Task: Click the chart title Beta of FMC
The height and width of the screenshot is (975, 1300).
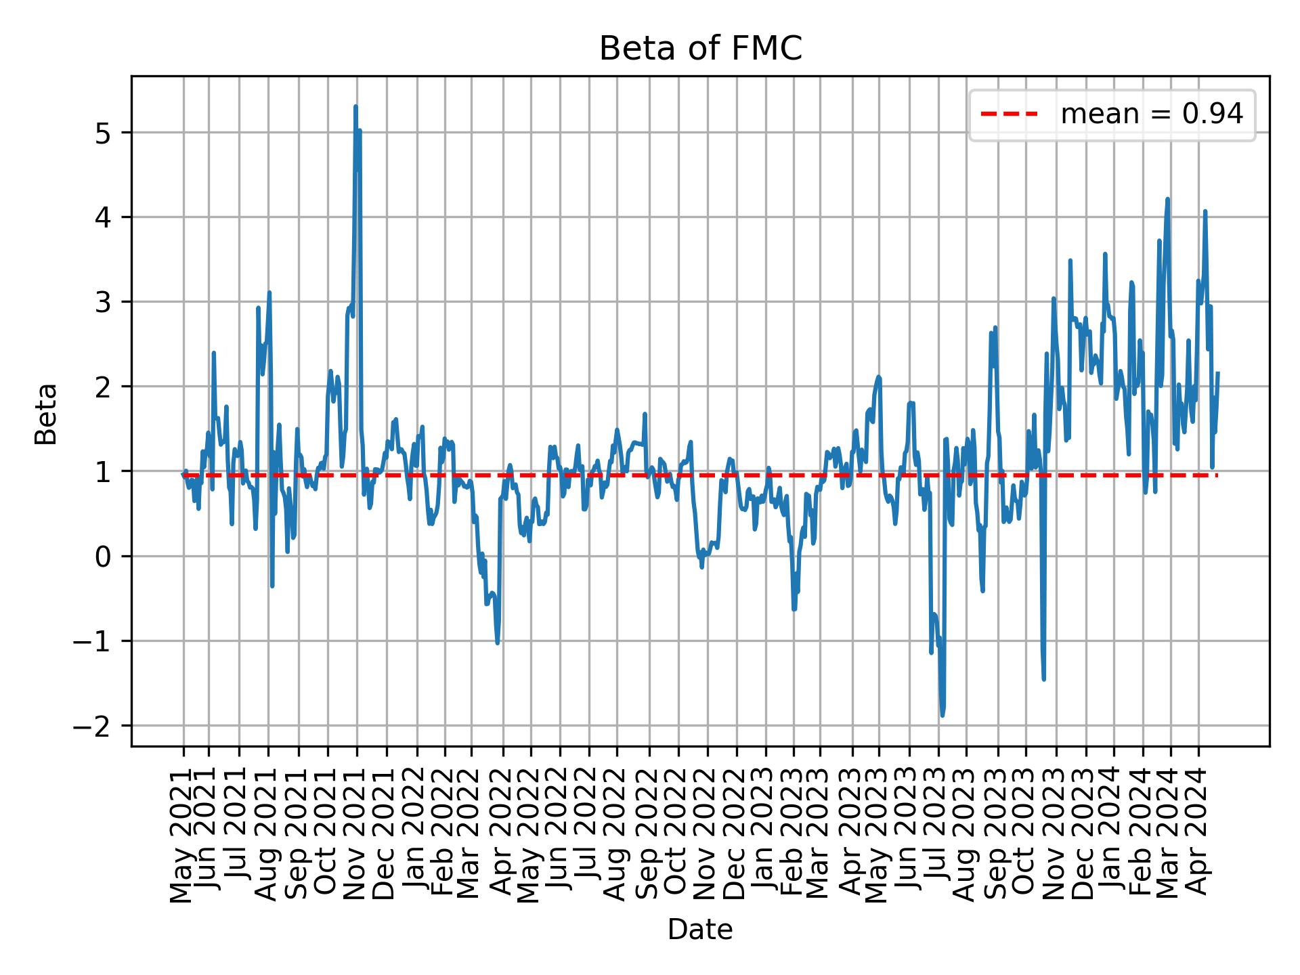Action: click(700, 49)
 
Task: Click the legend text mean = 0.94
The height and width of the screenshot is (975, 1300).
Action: click(1151, 114)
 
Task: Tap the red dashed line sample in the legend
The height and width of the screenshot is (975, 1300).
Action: click(1009, 114)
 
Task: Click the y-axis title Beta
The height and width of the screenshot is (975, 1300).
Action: click(46, 414)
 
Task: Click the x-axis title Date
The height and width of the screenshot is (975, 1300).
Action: click(700, 930)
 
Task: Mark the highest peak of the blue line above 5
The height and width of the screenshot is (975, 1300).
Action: click(355, 107)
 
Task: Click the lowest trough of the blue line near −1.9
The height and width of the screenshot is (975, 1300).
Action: click(942, 715)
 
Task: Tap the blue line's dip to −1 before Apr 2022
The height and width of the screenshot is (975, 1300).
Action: click(498, 643)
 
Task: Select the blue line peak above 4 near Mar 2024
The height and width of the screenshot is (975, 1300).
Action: click(1167, 199)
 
